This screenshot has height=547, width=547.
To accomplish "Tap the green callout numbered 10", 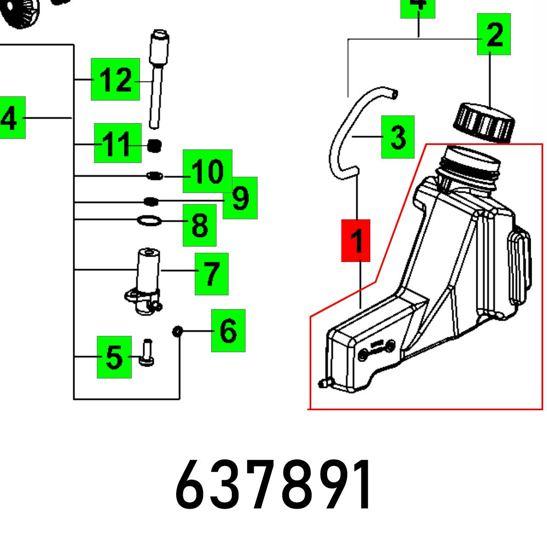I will tap(207, 171).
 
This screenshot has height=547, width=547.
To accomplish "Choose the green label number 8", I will tap(200, 225).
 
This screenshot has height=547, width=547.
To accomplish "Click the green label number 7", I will tap(212, 273).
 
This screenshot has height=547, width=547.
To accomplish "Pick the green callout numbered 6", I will tap(228, 330).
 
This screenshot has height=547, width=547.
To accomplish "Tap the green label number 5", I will tap(114, 357).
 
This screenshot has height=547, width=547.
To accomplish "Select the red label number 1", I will tap(356, 241).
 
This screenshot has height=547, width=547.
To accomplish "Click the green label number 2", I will tap(493, 35).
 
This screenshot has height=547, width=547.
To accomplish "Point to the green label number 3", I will tap(398, 137).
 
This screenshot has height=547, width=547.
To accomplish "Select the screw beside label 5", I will tap(147, 353).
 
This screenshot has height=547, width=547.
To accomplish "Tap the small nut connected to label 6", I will tap(177, 331).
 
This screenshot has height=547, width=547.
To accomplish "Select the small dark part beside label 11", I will tap(155, 146).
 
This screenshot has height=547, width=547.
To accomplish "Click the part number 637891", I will tap(275, 485).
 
